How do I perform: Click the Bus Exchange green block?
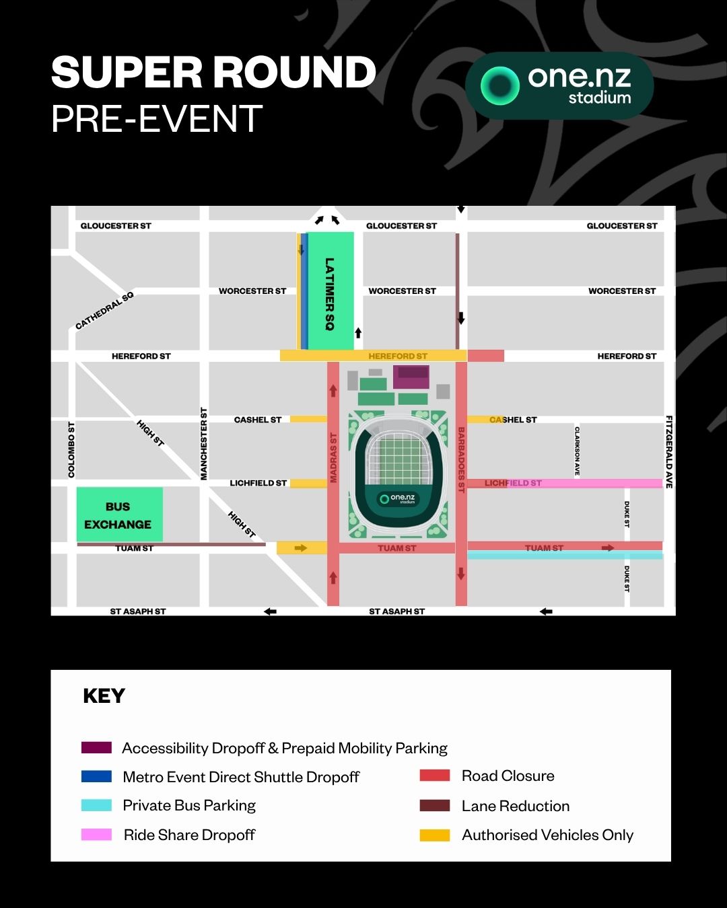coord(119,515)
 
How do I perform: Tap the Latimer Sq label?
coord(329,294)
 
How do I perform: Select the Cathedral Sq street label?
coord(104,311)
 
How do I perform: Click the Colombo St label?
coord(71,450)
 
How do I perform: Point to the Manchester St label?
coord(204,444)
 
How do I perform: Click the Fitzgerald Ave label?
coord(669,451)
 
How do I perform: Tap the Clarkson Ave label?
coord(577,451)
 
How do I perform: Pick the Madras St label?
coord(333,457)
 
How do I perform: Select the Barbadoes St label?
coord(461,459)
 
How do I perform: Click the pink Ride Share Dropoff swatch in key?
coord(96,835)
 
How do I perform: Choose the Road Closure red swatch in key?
coord(434,775)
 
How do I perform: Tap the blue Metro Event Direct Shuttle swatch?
coord(96,777)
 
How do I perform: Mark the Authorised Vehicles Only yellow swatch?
coord(434,835)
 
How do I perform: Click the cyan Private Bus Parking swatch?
coord(96,805)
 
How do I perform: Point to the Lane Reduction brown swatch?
coord(434,806)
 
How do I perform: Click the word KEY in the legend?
coord(104,695)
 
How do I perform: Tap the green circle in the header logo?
coord(499,85)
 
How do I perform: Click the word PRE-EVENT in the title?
coord(157,119)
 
